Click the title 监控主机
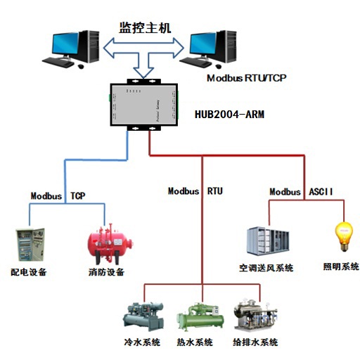[145, 28]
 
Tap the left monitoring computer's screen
[65, 44]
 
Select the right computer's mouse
[219, 66]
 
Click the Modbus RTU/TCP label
[246, 78]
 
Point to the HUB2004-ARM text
[229, 115]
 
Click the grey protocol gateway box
[144, 105]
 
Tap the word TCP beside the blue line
[78, 195]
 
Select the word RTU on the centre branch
[215, 191]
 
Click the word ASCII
[321, 191]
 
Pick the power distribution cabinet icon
[30, 245]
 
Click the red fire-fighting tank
[110, 245]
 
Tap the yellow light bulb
[344, 237]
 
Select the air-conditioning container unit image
[268, 241]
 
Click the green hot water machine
[200, 317]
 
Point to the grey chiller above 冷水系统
[143, 316]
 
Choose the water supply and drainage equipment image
[255, 316]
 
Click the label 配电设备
[29, 272]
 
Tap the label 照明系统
[341, 266]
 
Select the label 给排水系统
[255, 342]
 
